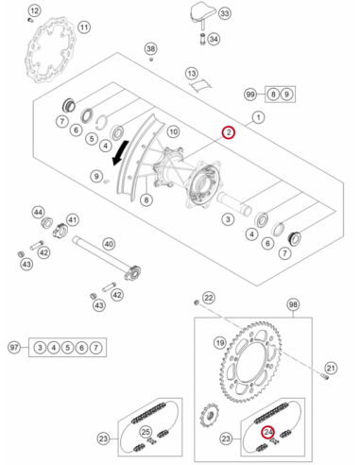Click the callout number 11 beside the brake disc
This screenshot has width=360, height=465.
coord(84,27)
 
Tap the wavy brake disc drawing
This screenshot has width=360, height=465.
coord(50,52)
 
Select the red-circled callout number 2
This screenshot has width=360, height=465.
coord(229,132)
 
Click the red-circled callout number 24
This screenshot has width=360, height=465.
coord(268,432)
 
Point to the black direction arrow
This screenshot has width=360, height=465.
coord(121,153)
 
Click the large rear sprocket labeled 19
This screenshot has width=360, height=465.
coord(252,362)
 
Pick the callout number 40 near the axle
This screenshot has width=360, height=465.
coord(109,244)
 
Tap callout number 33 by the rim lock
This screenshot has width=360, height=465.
coord(224,13)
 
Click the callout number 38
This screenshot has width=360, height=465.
coord(151,49)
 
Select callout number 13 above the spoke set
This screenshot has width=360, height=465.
coord(192,74)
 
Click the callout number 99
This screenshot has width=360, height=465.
coord(250,95)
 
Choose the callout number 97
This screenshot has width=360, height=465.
coord(14,348)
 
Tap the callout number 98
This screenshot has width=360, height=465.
coord(293,304)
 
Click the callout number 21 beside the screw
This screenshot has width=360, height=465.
coord(331,368)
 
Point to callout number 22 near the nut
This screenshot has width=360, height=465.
coord(209,298)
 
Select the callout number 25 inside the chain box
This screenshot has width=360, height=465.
coord(146,432)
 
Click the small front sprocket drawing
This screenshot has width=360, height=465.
coord(209,416)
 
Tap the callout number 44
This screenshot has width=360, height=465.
coord(39,213)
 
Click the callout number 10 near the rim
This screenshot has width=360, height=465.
coord(173,131)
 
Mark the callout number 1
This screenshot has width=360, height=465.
coord(258,117)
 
